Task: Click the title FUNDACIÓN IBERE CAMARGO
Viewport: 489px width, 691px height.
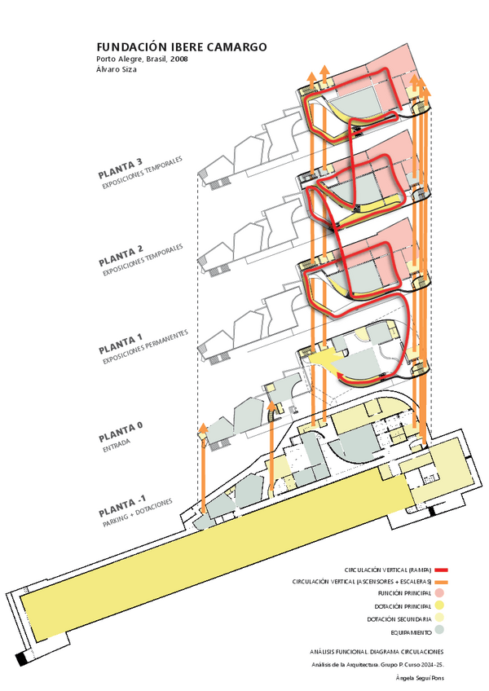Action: point(181,48)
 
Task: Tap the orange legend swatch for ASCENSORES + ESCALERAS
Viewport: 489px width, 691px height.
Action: point(443,582)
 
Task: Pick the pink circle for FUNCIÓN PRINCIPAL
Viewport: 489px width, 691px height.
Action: point(439,594)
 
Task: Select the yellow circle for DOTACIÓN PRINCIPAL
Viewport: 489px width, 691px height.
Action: point(439,606)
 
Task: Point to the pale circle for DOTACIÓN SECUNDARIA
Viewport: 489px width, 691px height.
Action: point(439,619)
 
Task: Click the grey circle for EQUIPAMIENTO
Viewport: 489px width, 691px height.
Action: point(439,632)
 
